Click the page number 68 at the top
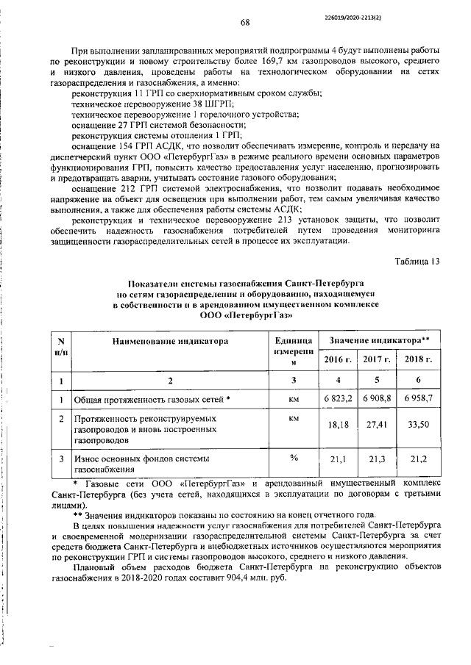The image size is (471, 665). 245,22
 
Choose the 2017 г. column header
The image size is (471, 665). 376,359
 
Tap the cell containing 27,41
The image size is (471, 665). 376,425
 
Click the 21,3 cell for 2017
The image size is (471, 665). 376,460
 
